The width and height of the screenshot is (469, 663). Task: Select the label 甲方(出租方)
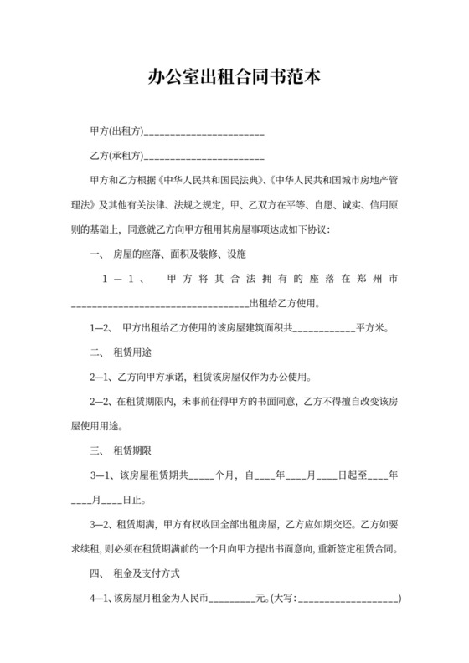click(116, 132)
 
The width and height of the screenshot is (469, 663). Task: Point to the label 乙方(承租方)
click(116, 156)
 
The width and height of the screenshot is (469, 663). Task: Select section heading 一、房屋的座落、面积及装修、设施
click(167, 252)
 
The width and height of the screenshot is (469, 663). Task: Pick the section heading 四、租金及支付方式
click(133, 574)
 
